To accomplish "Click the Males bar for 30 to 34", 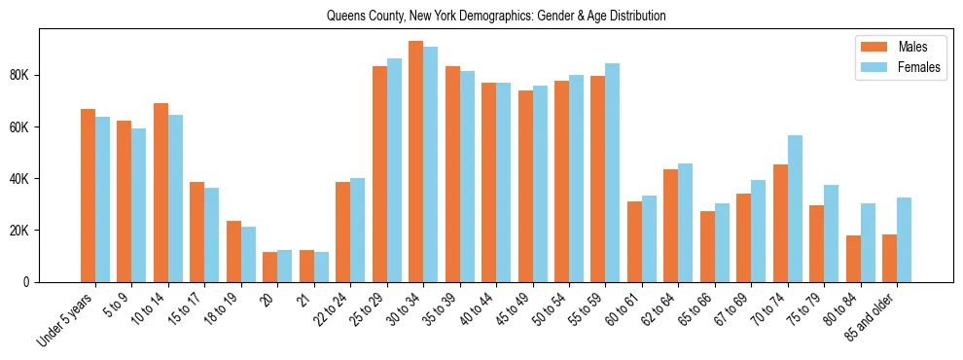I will click(416, 162).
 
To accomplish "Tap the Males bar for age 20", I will click(270, 267).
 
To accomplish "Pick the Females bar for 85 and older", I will click(905, 239).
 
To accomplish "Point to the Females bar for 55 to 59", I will click(613, 172).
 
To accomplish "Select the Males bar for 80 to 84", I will click(853, 258).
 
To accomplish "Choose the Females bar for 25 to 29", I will click(394, 170).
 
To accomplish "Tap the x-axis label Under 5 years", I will click(66, 319).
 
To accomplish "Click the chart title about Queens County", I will click(496, 17).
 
